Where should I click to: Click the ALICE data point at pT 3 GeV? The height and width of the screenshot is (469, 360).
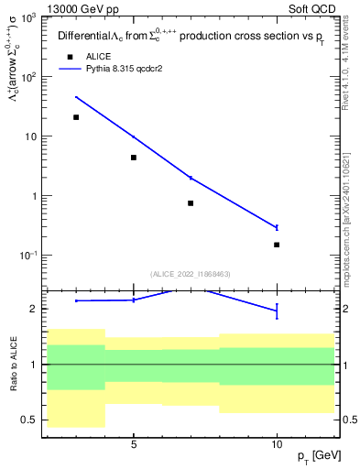(76, 117)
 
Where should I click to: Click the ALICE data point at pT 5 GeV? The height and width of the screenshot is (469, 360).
(134, 158)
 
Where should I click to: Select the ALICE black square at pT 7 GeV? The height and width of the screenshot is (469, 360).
(191, 202)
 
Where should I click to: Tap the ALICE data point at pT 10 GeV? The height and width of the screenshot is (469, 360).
(277, 245)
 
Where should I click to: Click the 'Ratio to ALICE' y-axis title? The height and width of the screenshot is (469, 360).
(14, 365)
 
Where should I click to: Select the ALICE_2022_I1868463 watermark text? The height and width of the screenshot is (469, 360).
(191, 274)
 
